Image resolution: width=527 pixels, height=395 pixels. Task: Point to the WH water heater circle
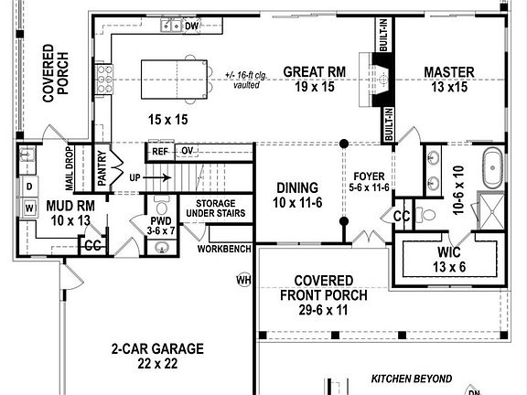pyautogui.click(x=243, y=279)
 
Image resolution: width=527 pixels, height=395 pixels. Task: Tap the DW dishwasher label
pyautogui.click(x=192, y=27)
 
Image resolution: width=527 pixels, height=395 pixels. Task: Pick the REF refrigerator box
pyautogui.click(x=161, y=151)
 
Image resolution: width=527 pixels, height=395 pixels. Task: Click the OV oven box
pyautogui.click(x=187, y=151)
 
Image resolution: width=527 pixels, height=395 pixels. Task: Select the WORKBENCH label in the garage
pyautogui.click(x=223, y=248)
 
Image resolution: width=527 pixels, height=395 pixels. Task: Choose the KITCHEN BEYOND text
pyautogui.click(x=412, y=378)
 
